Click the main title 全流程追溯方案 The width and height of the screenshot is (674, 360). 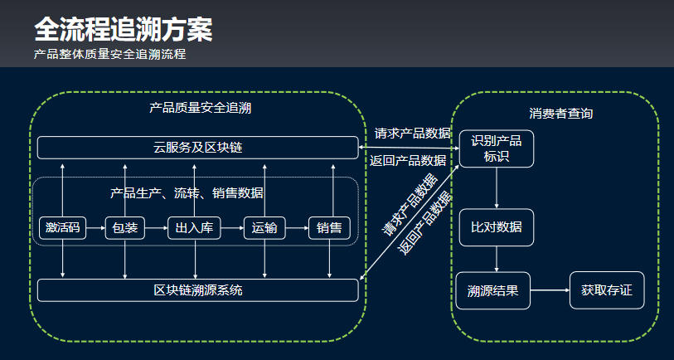[x=123, y=30]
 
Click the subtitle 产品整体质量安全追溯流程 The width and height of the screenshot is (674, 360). [x=109, y=55]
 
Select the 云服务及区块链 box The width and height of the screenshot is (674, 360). [x=197, y=148]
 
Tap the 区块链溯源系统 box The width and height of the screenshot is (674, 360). [x=197, y=290]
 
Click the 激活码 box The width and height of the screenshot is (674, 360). [x=63, y=228]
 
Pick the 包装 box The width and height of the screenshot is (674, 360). [x=125, y=228]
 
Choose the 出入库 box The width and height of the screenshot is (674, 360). [x=196, y=228]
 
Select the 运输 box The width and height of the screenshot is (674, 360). [x=264, y=228]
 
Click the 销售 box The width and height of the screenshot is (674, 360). [x=329, y=228]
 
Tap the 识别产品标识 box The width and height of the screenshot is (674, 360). [x=497, y=149]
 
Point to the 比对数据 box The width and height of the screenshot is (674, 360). [x=497, y=227]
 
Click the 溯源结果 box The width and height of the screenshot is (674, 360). [x=492, y=290]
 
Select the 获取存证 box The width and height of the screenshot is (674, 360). [x=606, y=290]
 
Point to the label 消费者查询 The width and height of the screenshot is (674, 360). [x=560, y=113]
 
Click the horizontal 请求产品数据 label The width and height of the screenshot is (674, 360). [x=412, y=133]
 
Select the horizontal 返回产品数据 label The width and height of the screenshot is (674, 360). [x=408, y=160]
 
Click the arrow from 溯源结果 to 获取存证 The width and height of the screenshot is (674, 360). [x=550, y=290]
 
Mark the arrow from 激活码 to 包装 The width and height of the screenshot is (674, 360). [x=95, y=228]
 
